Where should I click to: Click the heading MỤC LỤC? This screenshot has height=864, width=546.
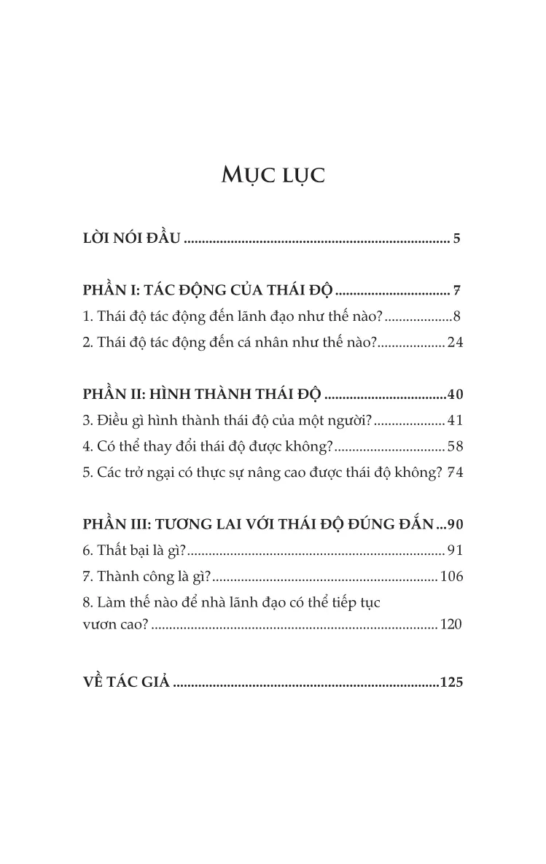pyautogui.click(x=273, y=176)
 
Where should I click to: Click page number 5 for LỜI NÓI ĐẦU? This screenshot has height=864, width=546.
pyautogui.click(x=456, y=238)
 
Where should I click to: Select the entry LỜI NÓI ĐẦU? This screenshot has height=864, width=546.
pyautogui.click(x=131, y=238)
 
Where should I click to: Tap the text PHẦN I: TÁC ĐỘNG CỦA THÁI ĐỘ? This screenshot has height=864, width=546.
pyautogui.click(x=208, y=292)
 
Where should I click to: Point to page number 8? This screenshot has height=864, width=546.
pyautogui.click(x=456, y=316)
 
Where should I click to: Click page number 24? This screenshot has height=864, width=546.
pyautogui.click(x=455, y=342)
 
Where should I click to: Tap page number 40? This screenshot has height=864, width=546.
pyautogui.click(x=455, y=395)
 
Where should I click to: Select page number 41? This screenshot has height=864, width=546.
pyautogui.click(x=455, y=420)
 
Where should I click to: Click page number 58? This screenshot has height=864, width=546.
pyautogui.click(x=455, y=445)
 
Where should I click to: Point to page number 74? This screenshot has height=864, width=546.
pyautogui.click(x=455, y=472)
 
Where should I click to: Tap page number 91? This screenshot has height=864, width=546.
pyautogui.click(x=455, y=550)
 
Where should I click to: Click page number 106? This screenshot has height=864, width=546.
pyautogui.click(x=451, y=576)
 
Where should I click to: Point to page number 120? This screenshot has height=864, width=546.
pyautogui.click(x=451, y=624)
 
